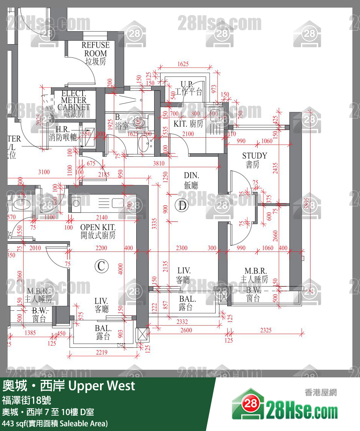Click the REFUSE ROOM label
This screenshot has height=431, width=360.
pyautogui.click(x=95, y=53)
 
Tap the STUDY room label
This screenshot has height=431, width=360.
pyautogui.click(x=255, y=160)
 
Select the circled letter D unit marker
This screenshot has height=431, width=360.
pyautogui.click(x=183, y=206)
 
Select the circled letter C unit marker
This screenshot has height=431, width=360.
pyautogui.click(x=101, y=266)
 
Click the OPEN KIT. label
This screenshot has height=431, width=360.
pyautogui.click(x=97, y=231)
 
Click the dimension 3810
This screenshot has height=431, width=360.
pyautogui.click(x=159, y=164)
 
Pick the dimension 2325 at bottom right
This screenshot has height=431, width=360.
pyautogui.click(x=266, y=330)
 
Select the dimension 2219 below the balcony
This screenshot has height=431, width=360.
pyautogui.click(x=101, y=353)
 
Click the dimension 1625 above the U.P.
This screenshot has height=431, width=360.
pyautogui.click(x=183, y=64)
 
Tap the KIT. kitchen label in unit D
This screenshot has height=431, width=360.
pyautogui.click(x=188, y=124)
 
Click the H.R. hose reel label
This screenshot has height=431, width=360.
pyautogui.click(x=63, y=133)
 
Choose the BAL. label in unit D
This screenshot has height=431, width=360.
pyautogui.click(x=188, y=303)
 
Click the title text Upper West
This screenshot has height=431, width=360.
pyautogui.click(x=101, y=386)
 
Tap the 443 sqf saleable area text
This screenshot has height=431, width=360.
pyautogui.click(x=55, y=423)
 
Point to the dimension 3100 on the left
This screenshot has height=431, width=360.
pyautogui.click(x=44, y=172)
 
